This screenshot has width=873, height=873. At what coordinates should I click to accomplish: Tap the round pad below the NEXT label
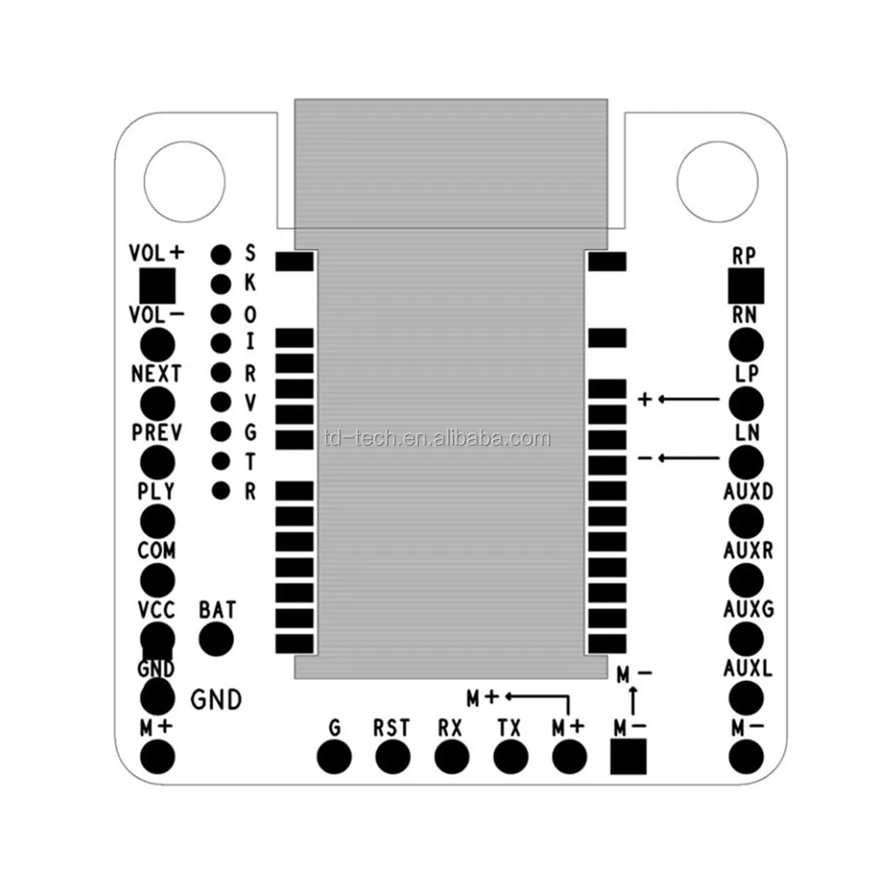[157, 402]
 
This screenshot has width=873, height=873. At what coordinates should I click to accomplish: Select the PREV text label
[157, 432]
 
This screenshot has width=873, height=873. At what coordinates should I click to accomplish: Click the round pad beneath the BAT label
[217, 639]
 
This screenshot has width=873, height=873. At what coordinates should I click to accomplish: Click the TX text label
[511, 728]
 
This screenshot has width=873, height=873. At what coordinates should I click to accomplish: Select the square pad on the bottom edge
[629, 756]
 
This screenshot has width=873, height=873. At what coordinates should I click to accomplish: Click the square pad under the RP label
[746, 285]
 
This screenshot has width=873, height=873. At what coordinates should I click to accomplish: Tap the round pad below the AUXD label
[746, 520]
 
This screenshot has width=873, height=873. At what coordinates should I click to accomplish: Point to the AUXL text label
[748, 669]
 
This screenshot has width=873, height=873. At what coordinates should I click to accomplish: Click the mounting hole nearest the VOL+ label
[184, 182]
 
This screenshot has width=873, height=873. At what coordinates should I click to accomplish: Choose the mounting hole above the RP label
[717, 182]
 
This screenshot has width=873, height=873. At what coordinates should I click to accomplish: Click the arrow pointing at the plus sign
[689, 400]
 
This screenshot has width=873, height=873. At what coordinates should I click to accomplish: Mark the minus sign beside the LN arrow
[644, 458]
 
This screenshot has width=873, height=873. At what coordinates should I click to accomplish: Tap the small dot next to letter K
[221, 283]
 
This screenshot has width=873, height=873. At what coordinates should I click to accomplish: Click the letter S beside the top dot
[250, 253]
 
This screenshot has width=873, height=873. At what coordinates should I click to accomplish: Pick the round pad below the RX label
[451, 756]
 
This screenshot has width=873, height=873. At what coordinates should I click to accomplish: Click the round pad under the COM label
[157, 579]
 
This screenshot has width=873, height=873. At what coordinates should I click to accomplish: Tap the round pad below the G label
[334, 756]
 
